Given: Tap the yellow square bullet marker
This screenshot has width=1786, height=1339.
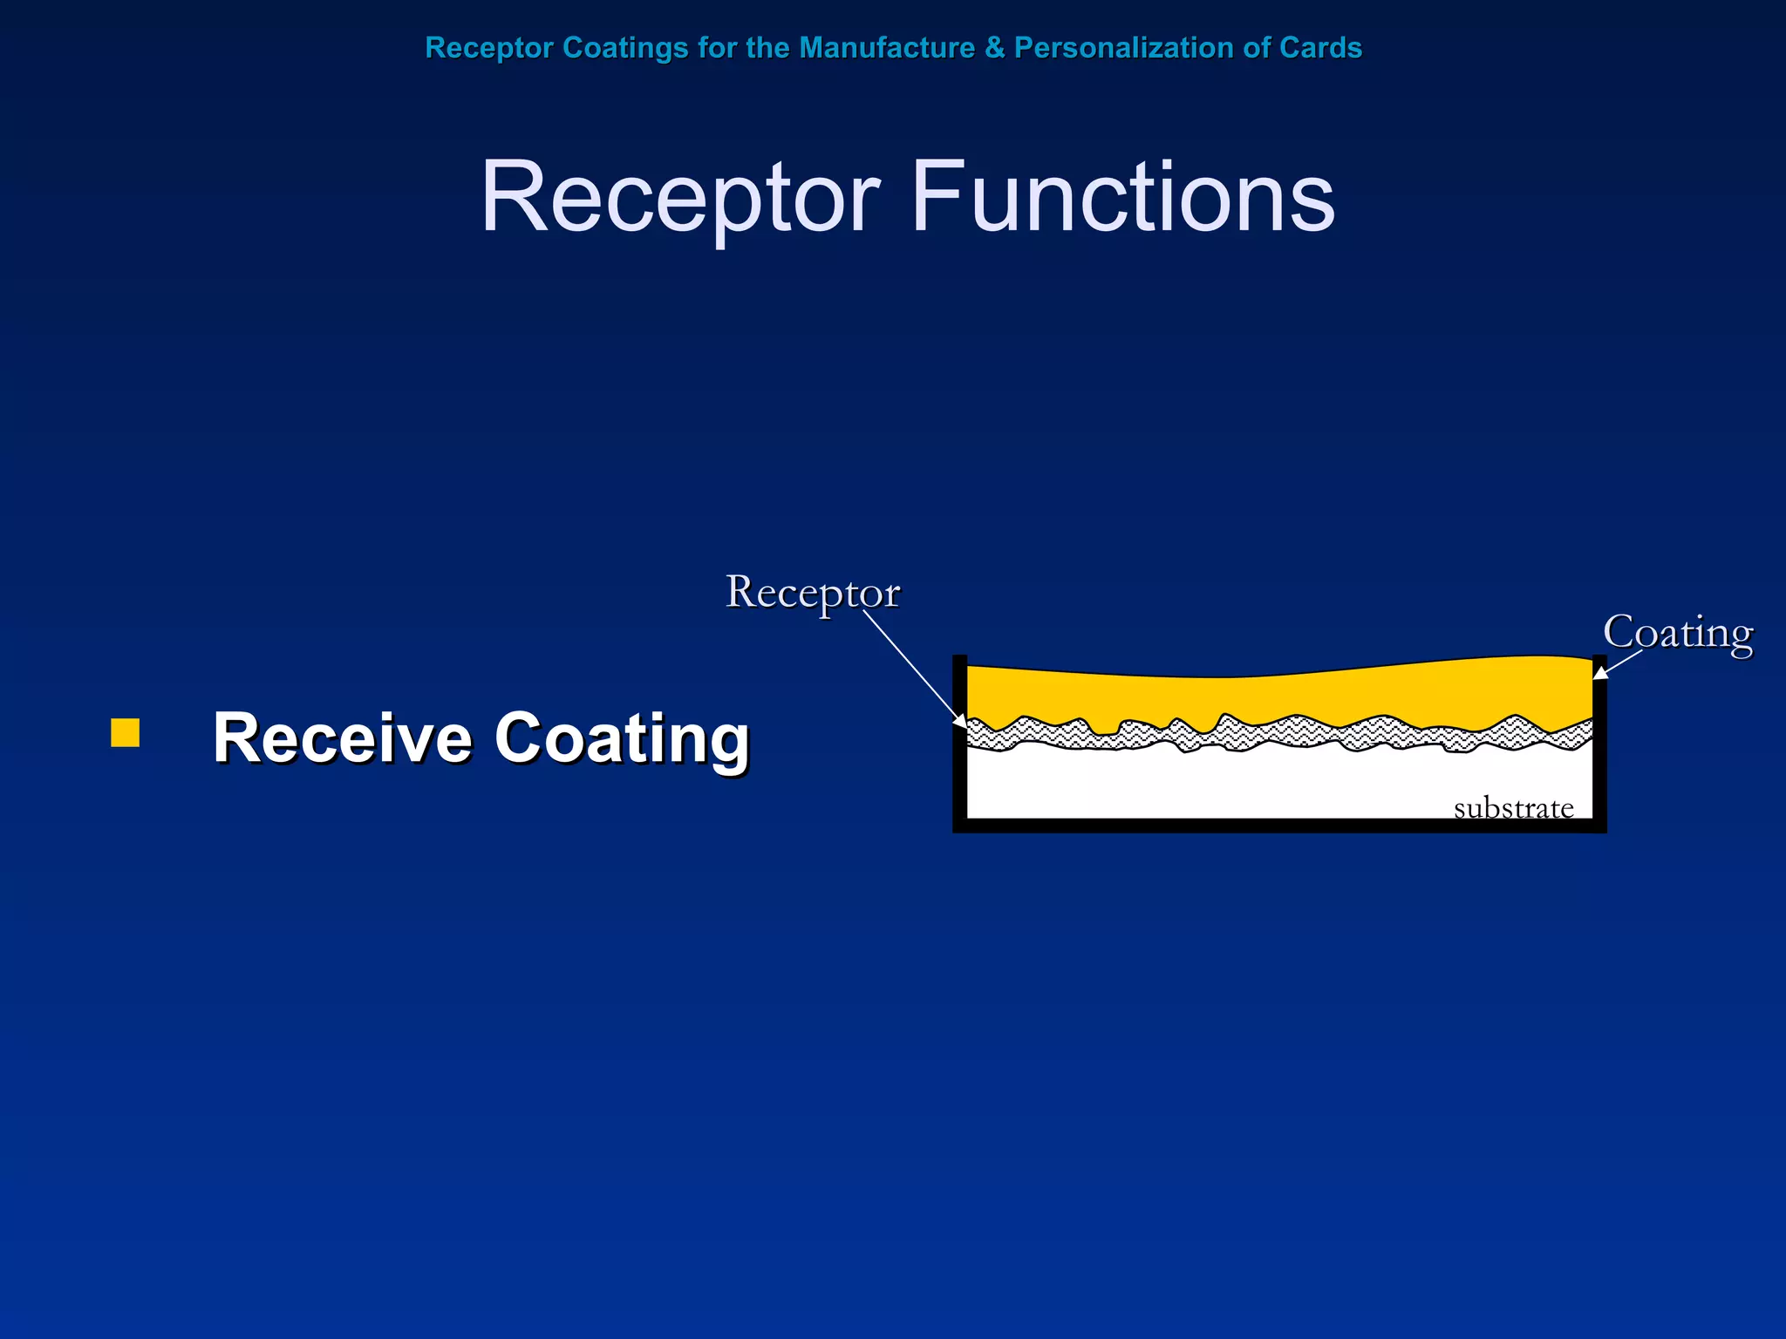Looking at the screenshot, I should pyautogui.click(x=126, y=733).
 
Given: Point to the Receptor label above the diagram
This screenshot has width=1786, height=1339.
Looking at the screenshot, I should pyautogui.click(x=812, y=593).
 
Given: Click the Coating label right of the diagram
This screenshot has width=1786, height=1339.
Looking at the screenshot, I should pyautogui.click(x=1677, y=633).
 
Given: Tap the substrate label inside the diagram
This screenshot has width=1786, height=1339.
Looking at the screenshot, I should pyautogui.click(x=1513, y=808).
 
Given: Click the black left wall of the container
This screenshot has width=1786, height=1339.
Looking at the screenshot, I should pyautogui.click(x=960, y=741).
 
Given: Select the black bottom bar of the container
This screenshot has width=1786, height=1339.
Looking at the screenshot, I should pyautogui.click(x=1279, y=826).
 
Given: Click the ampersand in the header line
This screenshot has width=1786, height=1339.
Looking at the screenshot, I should pyautogui.click(x=994, y=47).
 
